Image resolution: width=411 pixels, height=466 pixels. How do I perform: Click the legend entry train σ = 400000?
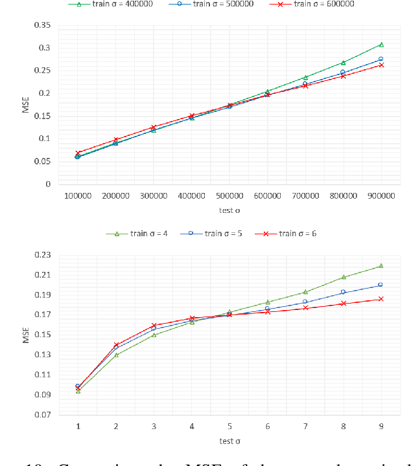pos(124,4)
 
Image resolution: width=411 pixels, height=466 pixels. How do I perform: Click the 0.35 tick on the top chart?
pos(42,25)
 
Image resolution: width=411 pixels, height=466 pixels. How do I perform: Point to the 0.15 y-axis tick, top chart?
pos(42,116)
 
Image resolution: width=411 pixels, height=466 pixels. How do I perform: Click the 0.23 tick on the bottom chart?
pos(42,255)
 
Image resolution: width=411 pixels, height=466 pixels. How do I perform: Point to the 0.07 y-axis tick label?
pos(42,415)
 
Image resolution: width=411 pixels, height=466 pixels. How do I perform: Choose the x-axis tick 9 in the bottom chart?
pos(381,426)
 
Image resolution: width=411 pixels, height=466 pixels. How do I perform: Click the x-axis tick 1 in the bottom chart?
pos(78,426)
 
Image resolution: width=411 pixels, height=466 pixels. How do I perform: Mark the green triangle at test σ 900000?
pos(381,45)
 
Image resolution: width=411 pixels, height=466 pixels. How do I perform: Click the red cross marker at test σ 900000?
pos(381,65)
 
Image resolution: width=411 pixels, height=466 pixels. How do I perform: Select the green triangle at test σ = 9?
pos(381,265)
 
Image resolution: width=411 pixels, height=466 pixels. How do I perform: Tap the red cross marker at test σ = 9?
pos(381,299)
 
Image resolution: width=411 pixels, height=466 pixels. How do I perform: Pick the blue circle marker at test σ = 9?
pos(381,285)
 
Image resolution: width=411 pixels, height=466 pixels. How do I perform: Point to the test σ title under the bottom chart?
pos(229,442)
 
